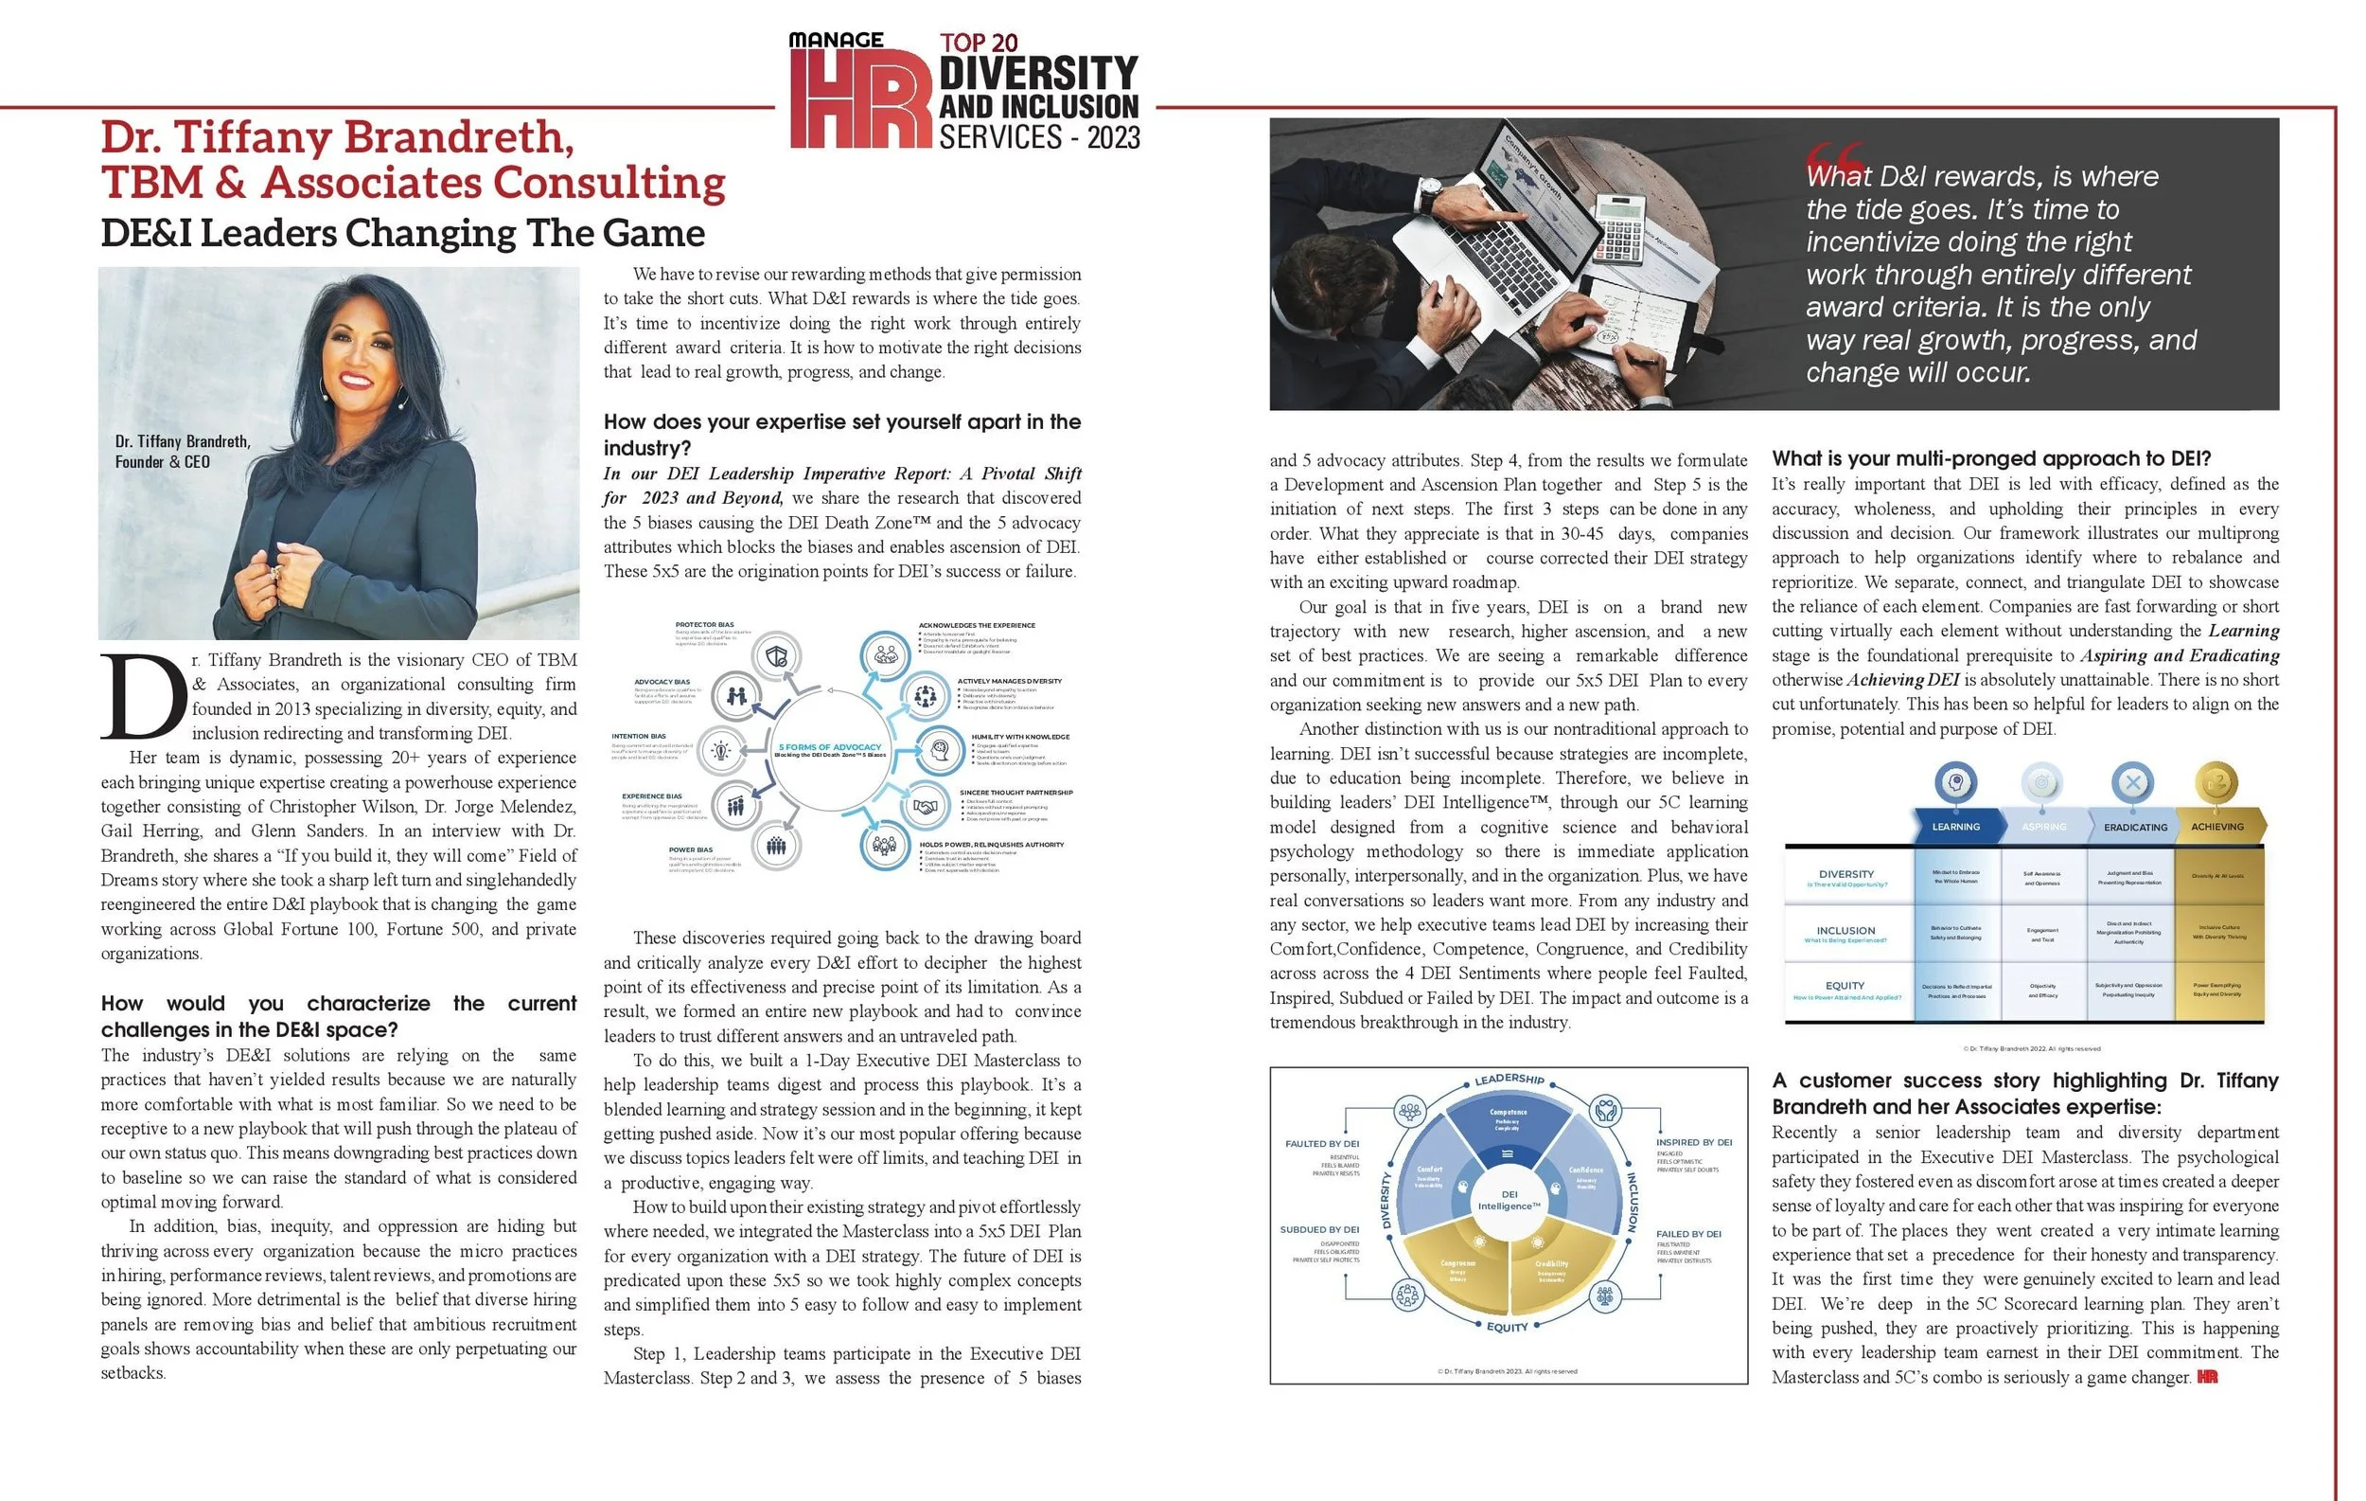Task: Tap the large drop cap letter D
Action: (x=144, y=696)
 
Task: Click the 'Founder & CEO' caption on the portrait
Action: (x=162, y=462)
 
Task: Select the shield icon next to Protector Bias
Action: (x=775, y=656)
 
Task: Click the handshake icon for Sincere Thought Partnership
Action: (x=925, y=807)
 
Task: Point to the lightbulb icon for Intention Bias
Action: (x=721, y=751)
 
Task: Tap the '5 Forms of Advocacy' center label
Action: (x=829, y=748)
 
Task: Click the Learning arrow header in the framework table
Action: (x=1954, y=827)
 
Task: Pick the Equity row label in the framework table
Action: (x=1845, y=986)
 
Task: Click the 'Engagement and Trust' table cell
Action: (x=2041, y=934)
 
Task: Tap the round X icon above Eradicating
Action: (x=2131, y=783)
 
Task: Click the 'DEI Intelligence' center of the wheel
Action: (x=1509, y=1200)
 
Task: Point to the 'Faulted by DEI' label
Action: (x=1321, y=1143)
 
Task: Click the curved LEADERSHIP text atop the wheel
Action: (x=1510, y=1080)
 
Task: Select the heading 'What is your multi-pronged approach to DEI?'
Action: (x=1990, y=458)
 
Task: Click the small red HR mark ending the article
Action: (x=2207, y=1377)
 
